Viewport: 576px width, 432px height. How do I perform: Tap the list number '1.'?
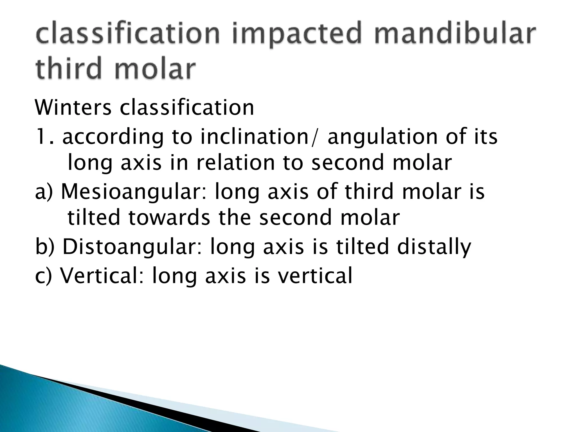click(44, 137)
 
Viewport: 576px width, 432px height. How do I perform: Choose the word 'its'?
click(484, 137)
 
